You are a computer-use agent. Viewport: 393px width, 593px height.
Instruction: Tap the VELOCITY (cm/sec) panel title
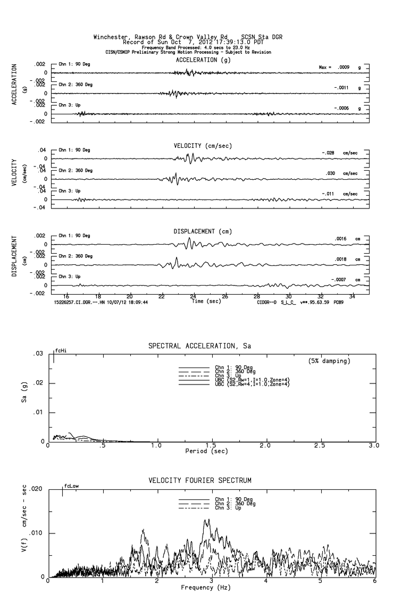[203, 146]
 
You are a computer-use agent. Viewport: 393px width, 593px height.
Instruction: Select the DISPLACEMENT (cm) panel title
[203, 231]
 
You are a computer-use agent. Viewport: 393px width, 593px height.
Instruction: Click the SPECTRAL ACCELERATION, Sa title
[199, 347]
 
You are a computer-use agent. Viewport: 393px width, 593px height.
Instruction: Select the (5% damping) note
[329, 361]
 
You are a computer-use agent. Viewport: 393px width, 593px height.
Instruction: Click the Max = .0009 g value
[340, 67]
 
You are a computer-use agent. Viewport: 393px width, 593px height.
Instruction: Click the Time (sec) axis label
[205, 301]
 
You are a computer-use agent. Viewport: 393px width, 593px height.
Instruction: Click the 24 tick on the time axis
[194, 296]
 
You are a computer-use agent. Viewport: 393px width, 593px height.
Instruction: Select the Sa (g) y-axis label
[24, 397]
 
